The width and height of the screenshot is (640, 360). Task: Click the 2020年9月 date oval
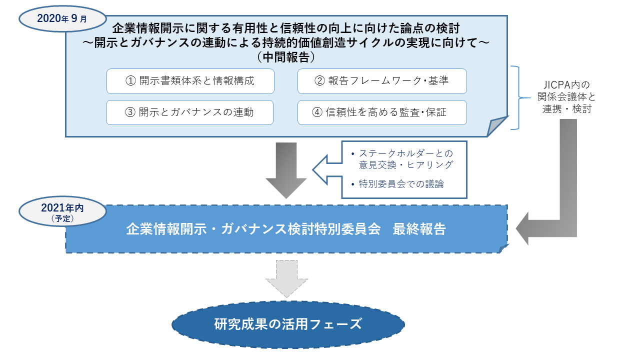pos(62,19)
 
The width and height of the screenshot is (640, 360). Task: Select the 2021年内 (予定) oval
pos(62,211)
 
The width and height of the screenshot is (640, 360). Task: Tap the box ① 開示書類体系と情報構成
pos(190,81)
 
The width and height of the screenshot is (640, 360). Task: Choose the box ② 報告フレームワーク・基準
pos(382,81)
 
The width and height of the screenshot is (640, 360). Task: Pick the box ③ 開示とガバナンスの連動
pos(189,112)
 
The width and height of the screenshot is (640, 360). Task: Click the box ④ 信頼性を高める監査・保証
pos(382,112)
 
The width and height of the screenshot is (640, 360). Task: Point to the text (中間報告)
pos(286,57)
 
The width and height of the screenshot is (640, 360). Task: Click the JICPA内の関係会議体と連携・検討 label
pos(566,97)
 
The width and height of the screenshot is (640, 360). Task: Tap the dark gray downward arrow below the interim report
pos(286,170)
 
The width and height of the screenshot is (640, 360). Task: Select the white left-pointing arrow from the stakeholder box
pos(327,169)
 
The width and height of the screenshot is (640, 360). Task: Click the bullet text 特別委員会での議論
pos(401,184)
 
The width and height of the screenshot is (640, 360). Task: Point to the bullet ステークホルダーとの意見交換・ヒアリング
pos(405,159)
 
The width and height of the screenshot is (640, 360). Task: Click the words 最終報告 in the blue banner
pos(419,229)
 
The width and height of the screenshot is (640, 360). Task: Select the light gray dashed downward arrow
pos(286,278)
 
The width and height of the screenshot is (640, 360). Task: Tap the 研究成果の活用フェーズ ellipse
pos(288,324)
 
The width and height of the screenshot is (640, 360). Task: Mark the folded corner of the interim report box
pos(496,126)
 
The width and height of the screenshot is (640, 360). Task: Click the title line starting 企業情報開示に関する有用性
pos(286,28)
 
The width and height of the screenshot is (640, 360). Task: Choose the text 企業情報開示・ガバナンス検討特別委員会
pos(253,229)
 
